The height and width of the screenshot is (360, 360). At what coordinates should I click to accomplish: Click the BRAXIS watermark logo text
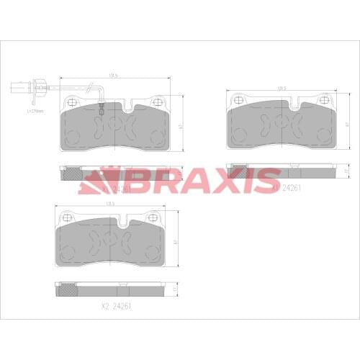(180, 180)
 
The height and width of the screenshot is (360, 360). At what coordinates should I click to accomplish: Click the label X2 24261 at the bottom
(117, 306)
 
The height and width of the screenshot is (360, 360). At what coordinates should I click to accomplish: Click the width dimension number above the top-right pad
(282, 89)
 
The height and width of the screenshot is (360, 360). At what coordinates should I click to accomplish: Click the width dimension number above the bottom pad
(111, 204)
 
